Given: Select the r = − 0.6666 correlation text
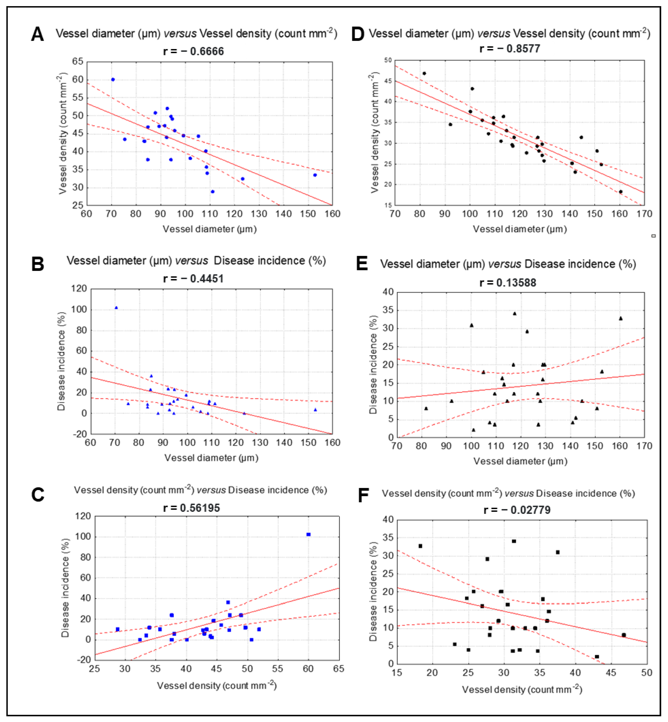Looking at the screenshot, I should click(193, 51).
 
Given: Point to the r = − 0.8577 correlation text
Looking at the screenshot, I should click(510, 48).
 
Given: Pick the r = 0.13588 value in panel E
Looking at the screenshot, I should click(508, 283).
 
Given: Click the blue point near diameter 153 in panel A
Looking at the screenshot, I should click(315, 175).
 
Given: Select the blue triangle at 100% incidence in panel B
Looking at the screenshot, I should click(116, 308).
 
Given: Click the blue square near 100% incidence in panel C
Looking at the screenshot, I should click(308, 534).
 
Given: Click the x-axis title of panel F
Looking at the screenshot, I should click(522, 690).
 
